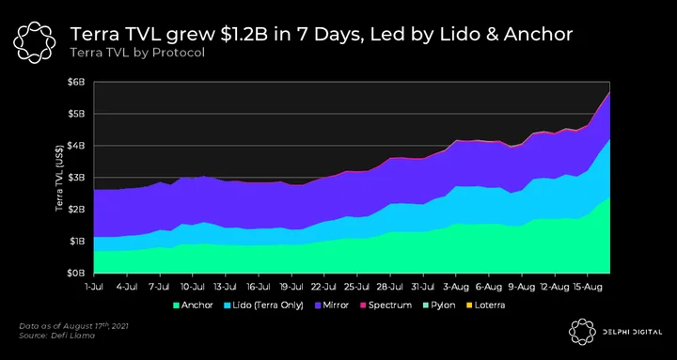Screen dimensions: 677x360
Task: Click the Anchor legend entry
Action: tap(193, 305)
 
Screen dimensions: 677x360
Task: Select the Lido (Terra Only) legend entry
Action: tap(263, 305)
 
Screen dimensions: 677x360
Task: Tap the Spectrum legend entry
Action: tap(386, 305)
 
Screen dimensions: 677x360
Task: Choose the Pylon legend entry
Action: tap(438, 305)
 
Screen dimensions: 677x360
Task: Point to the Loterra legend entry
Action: tap(485, 305)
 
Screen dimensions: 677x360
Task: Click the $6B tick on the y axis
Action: tap(78, 82)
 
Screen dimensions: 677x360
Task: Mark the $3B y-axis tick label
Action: tap(78, 178)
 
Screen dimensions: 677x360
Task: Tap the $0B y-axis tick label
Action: tap(78, 273)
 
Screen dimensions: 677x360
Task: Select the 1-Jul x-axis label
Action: tap(94, 286)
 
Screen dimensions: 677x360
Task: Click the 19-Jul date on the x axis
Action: tap(291, 286)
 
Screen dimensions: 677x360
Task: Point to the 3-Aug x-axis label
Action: tap(456, 286)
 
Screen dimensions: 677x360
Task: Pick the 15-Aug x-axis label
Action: tap(587, 286)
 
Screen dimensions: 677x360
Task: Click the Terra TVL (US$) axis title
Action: tap(59, 178)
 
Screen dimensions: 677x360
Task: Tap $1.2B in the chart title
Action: tap(246, 35)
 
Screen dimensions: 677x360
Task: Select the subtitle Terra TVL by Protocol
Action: tap(137, 54)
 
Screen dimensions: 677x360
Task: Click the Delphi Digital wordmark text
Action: tap(632, 332)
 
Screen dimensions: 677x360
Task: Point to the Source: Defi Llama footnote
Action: tap(57, 335)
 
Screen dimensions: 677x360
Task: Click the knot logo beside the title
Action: tap(35, 42)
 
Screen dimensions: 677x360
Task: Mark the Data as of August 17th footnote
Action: tap(73, 326)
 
